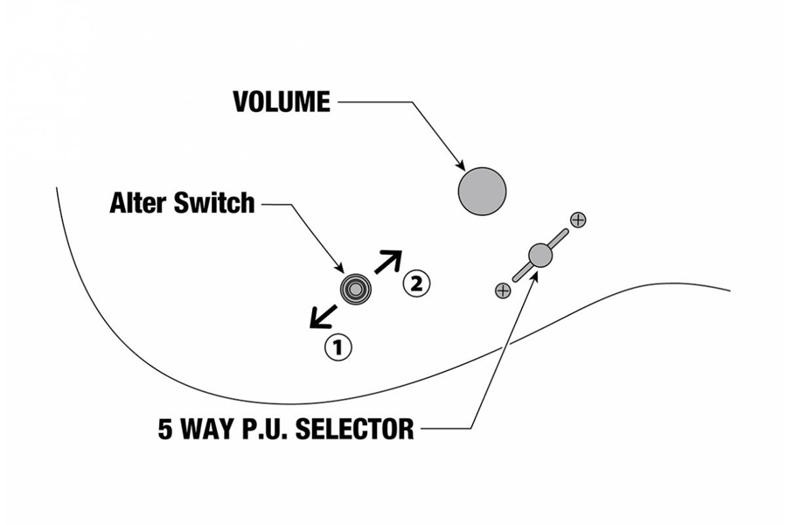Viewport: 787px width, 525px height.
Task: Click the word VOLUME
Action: [x=282, y=102]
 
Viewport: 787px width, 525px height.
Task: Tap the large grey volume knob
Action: [x=482, y=190]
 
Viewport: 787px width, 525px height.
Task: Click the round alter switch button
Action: [x=355, y=287]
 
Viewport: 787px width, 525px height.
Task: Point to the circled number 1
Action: [x=338, y=346]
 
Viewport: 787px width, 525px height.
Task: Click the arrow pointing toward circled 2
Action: [x=388, y=262]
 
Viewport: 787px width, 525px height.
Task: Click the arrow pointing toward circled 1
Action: [x=323, y=316]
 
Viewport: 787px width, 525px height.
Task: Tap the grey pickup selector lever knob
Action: [x=540, y=255]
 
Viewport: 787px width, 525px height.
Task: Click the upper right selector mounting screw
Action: [x=578, y=220]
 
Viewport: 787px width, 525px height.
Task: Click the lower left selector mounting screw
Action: [x=503, y=290]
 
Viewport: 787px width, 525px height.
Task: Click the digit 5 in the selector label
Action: [x=165, y=429]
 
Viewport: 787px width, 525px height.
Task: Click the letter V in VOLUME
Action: [x=241, y=102]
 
